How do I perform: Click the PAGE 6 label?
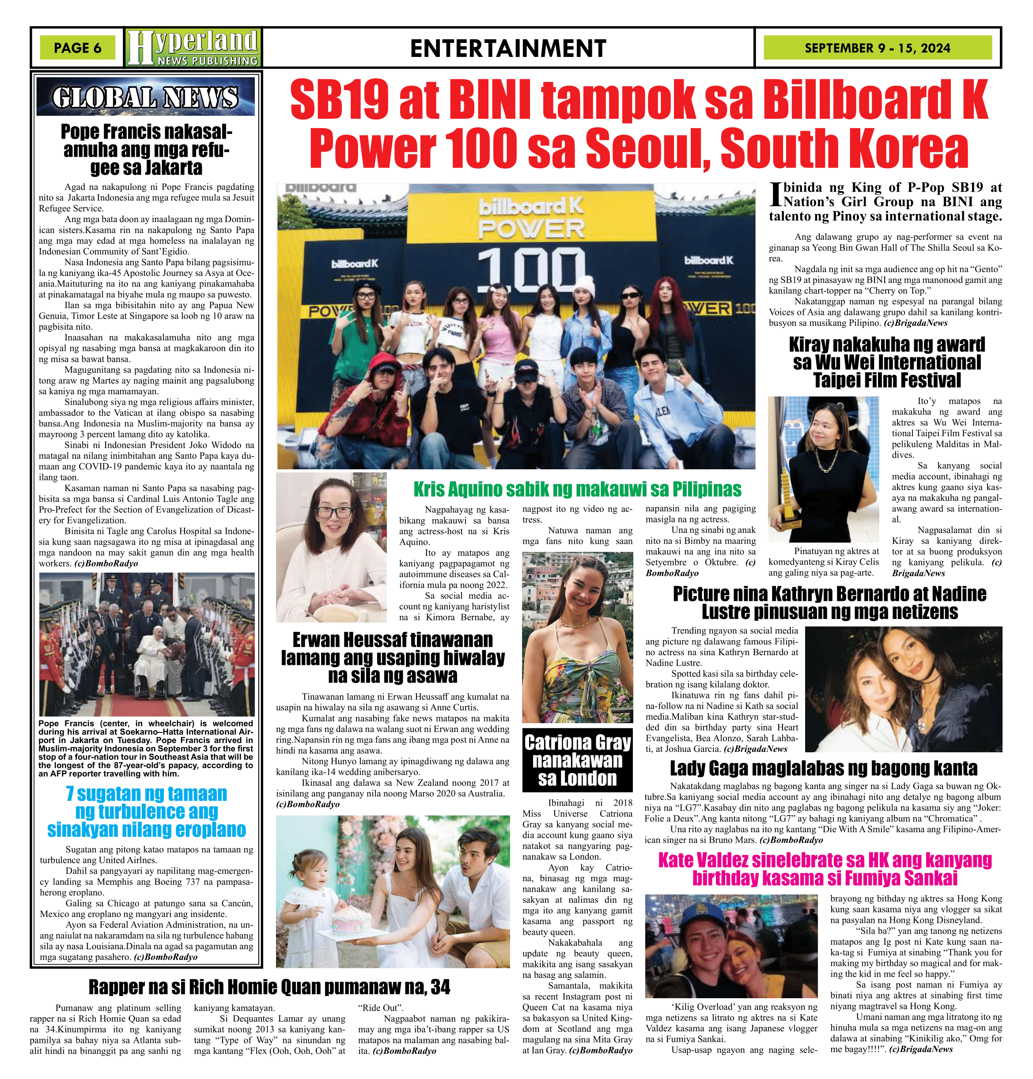coord(78,48)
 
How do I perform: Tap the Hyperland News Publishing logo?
coord(193,48)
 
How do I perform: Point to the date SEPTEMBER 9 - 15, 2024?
coord(877,48)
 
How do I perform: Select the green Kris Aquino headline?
coord(577,489)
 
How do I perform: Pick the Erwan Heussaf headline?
coord(393,657)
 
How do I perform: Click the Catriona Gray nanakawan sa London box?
coord(577,760)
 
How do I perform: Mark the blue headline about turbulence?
coord(147,811)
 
